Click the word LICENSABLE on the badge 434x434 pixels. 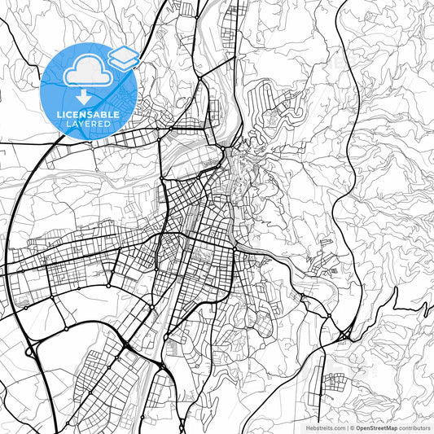[88, 115]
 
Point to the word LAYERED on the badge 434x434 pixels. [88, 124]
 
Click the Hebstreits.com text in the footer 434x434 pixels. [323, 427]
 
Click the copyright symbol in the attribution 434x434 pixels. [351, 427]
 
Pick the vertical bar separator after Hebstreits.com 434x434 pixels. [345, 427]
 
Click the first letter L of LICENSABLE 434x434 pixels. [59, 115]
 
